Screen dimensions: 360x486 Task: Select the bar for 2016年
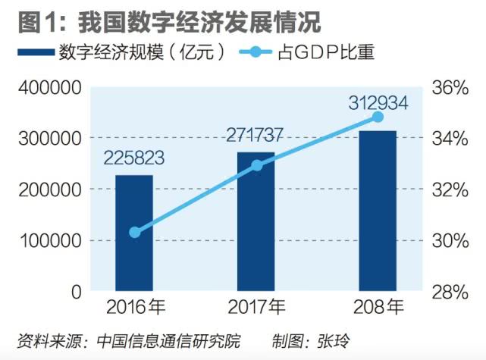tap(134, 233)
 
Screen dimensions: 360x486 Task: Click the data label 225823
tap(134, 160)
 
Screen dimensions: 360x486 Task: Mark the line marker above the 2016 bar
tap(135, 232)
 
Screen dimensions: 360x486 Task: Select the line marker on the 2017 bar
tap(256, 165)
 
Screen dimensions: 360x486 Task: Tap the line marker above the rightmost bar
tap(378, 117)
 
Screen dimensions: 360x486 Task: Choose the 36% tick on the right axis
tap(450, 88)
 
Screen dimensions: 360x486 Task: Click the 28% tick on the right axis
tap(450, 292)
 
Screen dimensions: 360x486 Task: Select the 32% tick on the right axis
tap(450, 189)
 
